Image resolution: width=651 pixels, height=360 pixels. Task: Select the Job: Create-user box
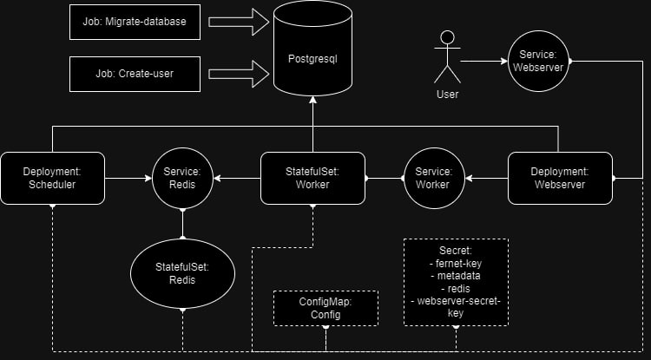pyautogui.click(x=135, y=74)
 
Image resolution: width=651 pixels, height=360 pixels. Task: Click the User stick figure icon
pyautogui.click(x=448, y=59)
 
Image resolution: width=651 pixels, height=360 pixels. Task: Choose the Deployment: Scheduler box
pyautogui.click(x=52, y=178)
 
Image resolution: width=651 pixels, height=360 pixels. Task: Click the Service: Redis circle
pyautogui.click(x=182, y=178)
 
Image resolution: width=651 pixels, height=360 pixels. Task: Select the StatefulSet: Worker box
pyautogui.click(x=312, y=178)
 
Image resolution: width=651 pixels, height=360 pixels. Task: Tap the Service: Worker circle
pyautogui.click(x=432, y=178)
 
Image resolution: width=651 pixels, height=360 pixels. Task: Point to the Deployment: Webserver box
pyautogui.click(x=560, y=178)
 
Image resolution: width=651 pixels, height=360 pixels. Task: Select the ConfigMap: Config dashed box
pyautogui.click(x=325, y=308)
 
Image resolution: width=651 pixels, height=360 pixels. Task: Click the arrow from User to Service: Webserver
pyautogui.click(x=483, y=62)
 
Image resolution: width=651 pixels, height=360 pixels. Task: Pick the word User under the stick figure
pyautogui.click(x=448, y=94)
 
